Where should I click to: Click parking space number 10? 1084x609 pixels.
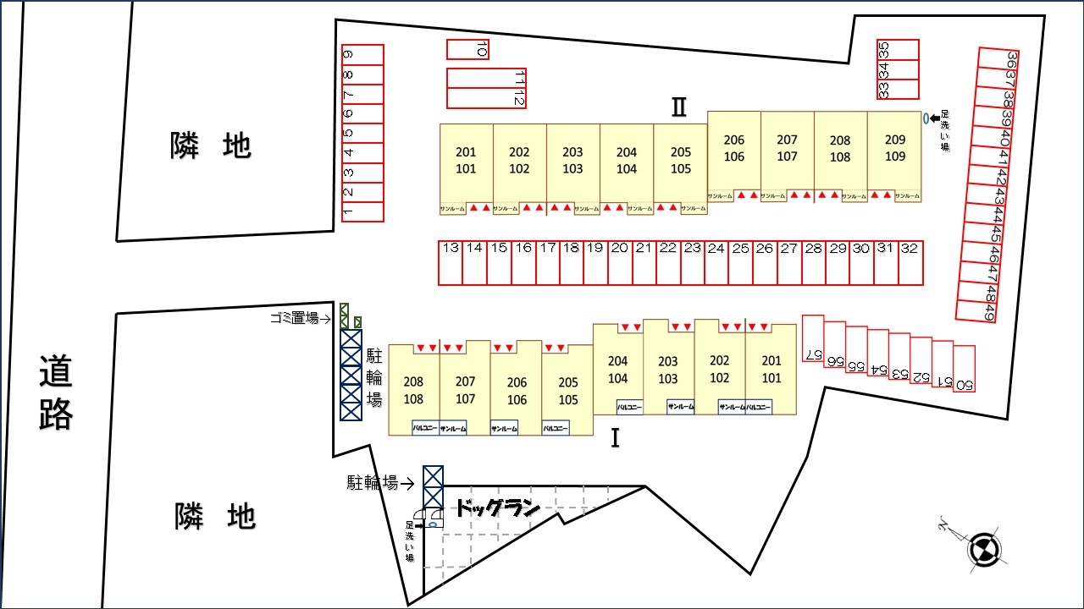pos(467,50)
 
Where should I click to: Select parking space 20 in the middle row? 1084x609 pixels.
pos(620,263)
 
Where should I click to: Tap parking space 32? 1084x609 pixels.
pos(910,263)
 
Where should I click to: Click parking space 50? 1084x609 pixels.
pos(964,369)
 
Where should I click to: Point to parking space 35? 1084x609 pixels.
pos(898,49)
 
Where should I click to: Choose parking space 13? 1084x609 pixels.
pos(451,263)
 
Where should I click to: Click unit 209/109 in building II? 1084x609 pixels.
pos(894,148)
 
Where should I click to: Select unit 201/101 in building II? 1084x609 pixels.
pos(466,161)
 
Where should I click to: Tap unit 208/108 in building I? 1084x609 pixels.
pos(413,390)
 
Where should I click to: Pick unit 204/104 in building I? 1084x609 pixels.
pos(618,370)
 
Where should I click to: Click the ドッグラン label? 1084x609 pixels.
pos(498,509)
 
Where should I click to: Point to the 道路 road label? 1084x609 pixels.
pos(56,392)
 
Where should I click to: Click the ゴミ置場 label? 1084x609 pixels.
pos(294,318)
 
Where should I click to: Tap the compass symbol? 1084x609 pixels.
pos(984,547)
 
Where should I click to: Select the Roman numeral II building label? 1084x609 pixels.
pos(678,107)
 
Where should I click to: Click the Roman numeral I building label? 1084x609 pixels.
pos(616,438)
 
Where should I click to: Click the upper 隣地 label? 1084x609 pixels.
pos(211,146)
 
